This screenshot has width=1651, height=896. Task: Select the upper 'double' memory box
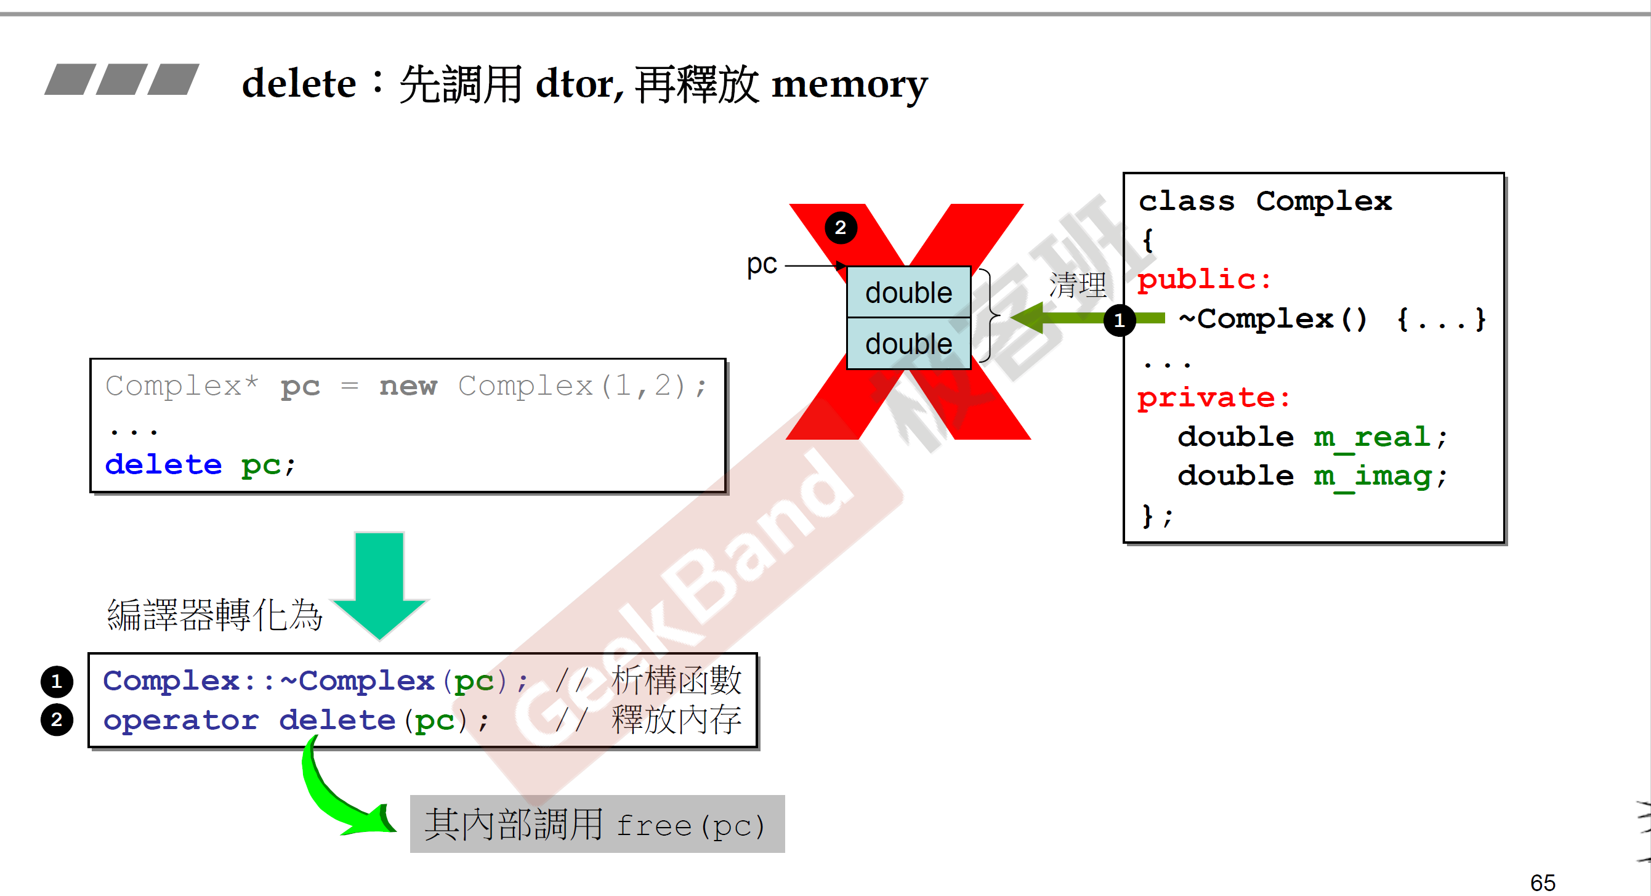point(908,293)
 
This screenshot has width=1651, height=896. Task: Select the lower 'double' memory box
point(908,344)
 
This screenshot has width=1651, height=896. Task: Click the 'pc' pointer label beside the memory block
point(761,264)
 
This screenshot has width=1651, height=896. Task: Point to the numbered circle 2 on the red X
point(840,227)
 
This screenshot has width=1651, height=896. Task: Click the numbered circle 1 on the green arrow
point(1119,319)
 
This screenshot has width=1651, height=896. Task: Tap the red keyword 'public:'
point(1205,280)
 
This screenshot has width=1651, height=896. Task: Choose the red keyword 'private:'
point(1213,398)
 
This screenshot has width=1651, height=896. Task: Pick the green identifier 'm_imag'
point(1372,476)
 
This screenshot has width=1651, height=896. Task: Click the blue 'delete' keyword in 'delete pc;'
point(163,465)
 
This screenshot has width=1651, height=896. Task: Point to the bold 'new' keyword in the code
point(408,386)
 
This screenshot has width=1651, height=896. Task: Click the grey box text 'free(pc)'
point(690,826)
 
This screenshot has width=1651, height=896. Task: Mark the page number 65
point(1543,882)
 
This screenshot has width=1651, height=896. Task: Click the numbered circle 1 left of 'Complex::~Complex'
point(57,680)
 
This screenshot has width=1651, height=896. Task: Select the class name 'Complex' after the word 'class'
point(1323,201)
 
